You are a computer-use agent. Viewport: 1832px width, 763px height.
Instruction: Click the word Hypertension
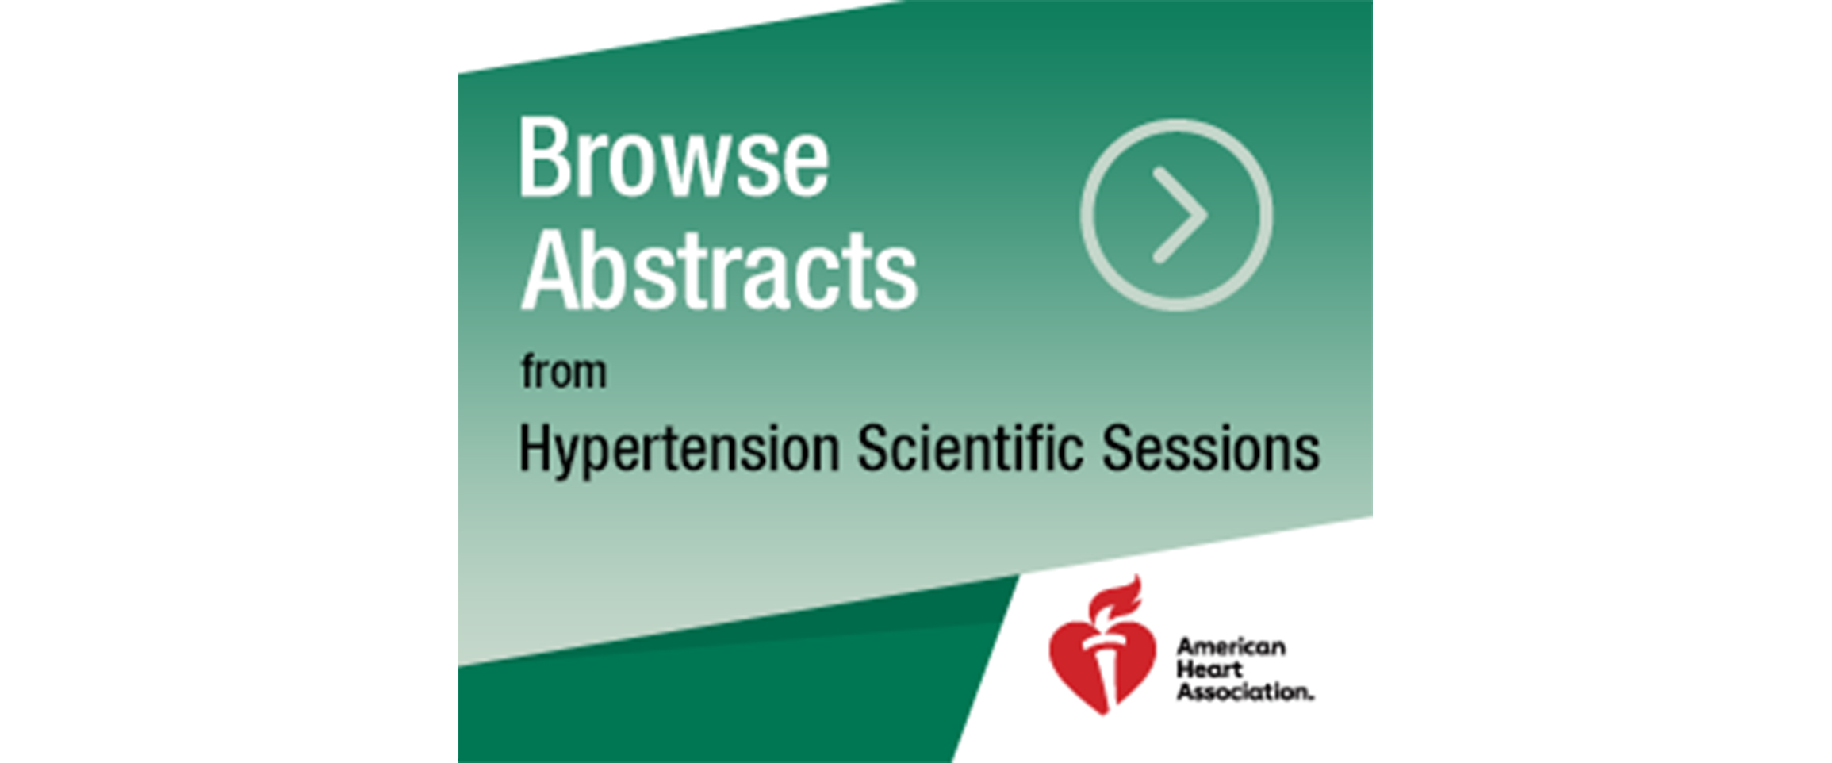click(x=679, y=451)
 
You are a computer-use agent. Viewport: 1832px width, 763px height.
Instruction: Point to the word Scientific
click(x=970, y=447)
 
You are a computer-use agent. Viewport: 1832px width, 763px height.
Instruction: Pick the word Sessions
click(x=1211, y=447)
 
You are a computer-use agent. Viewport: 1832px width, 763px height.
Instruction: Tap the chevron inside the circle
click(x=1181, y=215)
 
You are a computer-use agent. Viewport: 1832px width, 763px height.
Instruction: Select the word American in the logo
click(x=1231, y=646)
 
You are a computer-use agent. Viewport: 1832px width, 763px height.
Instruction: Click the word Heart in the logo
click(x=1209, y=669)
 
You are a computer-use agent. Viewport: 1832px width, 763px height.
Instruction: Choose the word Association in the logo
click(x=1244, y=692)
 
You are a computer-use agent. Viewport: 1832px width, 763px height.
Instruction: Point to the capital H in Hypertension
click(x=535, y=449)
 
